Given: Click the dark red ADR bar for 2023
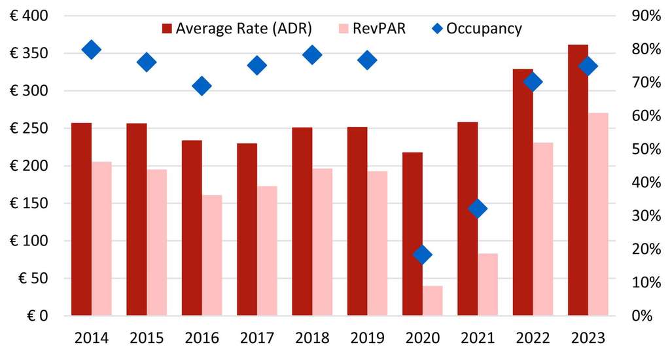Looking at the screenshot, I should tap(578, 180).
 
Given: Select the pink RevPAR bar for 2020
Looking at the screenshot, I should tap(432, 300).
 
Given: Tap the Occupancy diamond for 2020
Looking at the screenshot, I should tap(423, 255).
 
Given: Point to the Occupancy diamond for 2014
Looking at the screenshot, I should tap(92, 49).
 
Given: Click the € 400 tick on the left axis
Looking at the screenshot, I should tap(29, 16).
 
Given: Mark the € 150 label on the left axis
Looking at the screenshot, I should tap(29, 203).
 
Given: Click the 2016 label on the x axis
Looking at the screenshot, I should tap(202, 338).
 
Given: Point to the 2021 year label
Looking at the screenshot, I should tap(478, 338).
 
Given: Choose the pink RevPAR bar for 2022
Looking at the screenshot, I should tap(543, 229).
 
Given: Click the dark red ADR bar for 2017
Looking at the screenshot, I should tap(247, 229).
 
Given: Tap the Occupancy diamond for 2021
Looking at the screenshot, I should tap(478, 209).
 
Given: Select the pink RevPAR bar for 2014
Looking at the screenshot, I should tap(101, 238).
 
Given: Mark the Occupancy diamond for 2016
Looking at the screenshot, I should tap(202, 86).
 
